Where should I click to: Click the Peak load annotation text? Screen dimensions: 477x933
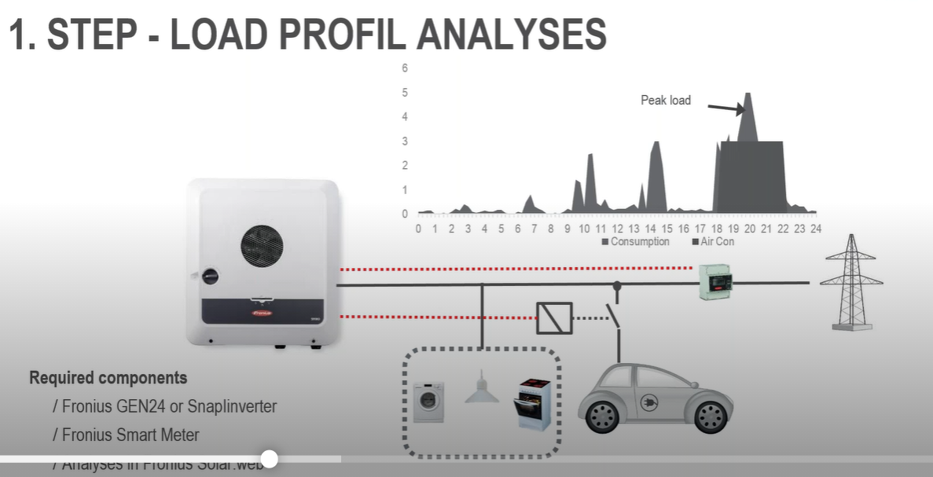665,101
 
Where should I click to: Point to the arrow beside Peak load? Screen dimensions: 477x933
725,109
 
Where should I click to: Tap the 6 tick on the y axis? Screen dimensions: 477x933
405,68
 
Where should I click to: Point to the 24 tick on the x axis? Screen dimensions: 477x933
816,229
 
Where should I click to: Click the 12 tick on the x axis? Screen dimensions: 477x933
617,229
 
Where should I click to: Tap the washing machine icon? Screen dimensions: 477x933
428,402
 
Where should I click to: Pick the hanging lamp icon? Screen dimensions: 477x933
482,388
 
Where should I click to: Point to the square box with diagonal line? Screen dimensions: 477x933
554,318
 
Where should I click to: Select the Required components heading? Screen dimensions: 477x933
108,378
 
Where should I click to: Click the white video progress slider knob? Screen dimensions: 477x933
269,459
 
